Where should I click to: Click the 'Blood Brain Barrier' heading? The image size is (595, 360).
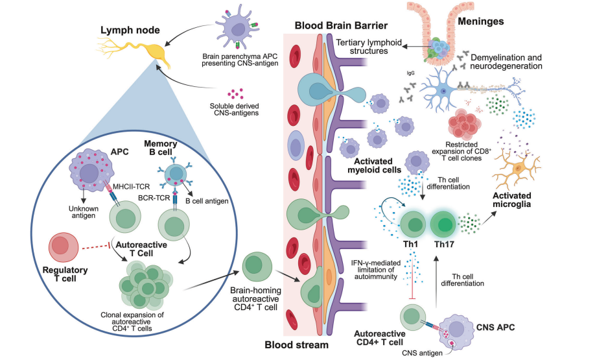click(341, 26)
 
